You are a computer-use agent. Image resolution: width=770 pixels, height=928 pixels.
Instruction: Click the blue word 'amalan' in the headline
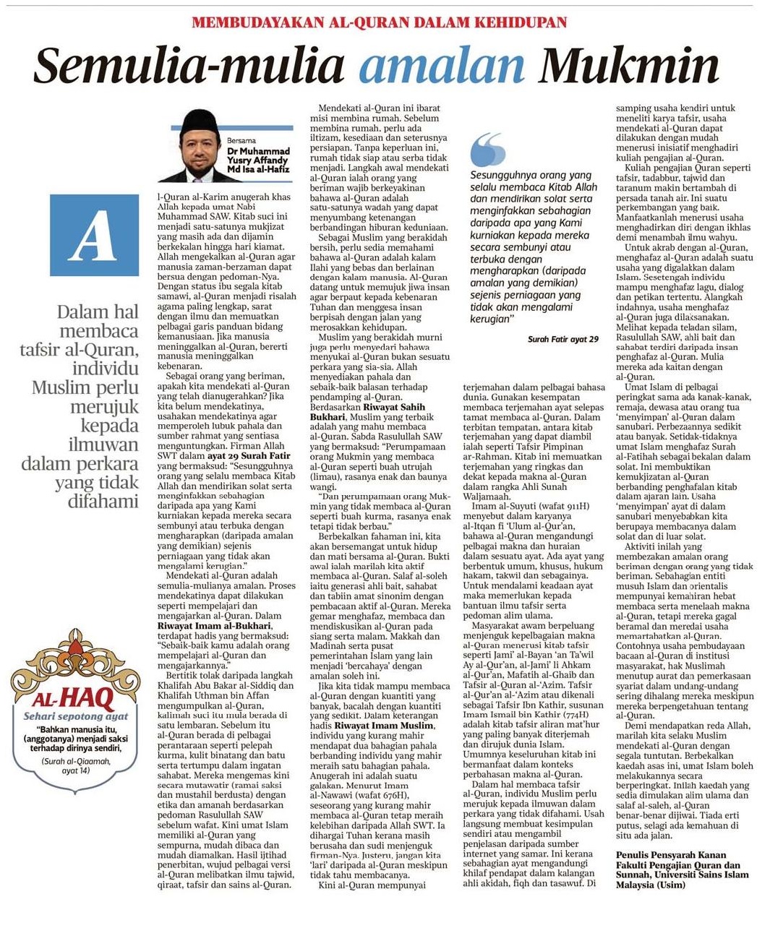[x=441, y=66]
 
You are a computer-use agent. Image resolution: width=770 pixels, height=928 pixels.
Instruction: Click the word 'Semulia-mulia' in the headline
[x=189, y=66]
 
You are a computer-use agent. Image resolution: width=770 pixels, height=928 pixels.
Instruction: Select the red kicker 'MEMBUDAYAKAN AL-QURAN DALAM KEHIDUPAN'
[x=379, y=22]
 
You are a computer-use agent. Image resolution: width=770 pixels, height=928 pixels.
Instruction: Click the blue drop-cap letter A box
[x=95, y=236]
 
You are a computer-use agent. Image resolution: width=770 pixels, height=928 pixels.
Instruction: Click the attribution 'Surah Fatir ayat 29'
[x=562, y=339]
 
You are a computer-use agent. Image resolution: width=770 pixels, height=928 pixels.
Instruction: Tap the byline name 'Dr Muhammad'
[x=258, y=151]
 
